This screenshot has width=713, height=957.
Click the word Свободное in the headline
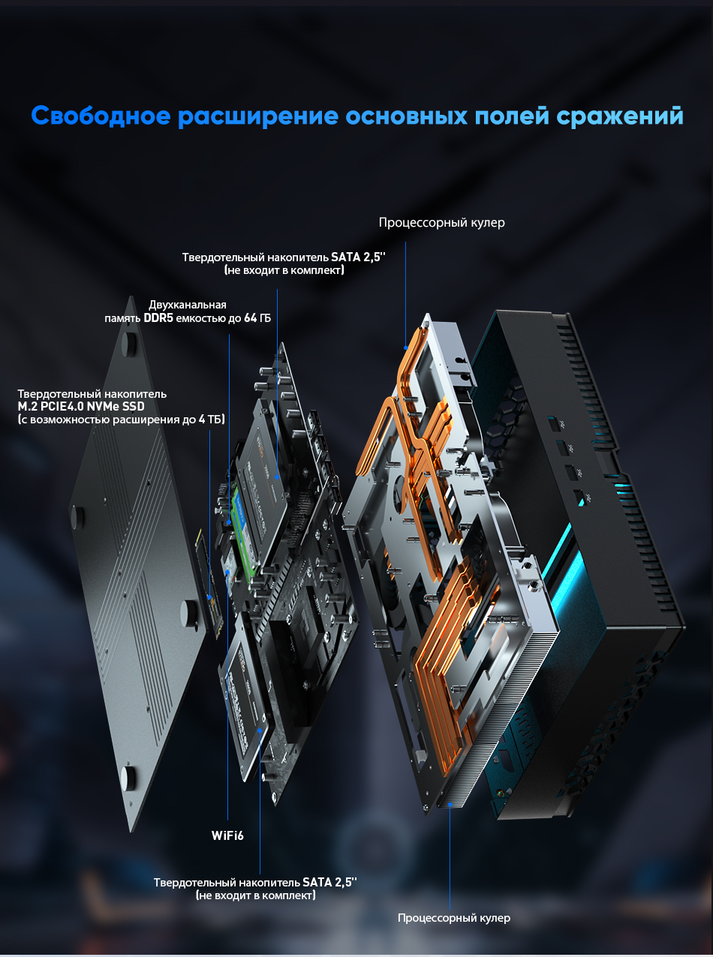pos(101,116)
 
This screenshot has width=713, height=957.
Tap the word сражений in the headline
pos(620,116)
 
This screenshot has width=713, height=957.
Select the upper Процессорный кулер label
pos(441,223)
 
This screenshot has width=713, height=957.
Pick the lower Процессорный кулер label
pos(453,918)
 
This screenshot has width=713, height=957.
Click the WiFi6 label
pos(227,835)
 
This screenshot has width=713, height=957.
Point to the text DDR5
pos(158,318)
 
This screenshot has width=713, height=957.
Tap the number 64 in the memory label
pos(251,318)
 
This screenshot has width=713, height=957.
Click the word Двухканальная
pos(188,305)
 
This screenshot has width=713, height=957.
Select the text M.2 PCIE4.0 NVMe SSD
pos(81,407)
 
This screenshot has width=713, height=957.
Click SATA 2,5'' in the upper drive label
pos(358,257)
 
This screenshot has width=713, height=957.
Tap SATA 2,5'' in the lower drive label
pos(329,883)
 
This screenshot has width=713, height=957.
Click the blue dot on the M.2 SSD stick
pos(209,597)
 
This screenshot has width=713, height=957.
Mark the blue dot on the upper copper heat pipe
pos(406,348)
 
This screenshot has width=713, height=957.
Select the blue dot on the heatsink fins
pos(450,805)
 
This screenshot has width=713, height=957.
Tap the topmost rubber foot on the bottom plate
pos(128,343)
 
